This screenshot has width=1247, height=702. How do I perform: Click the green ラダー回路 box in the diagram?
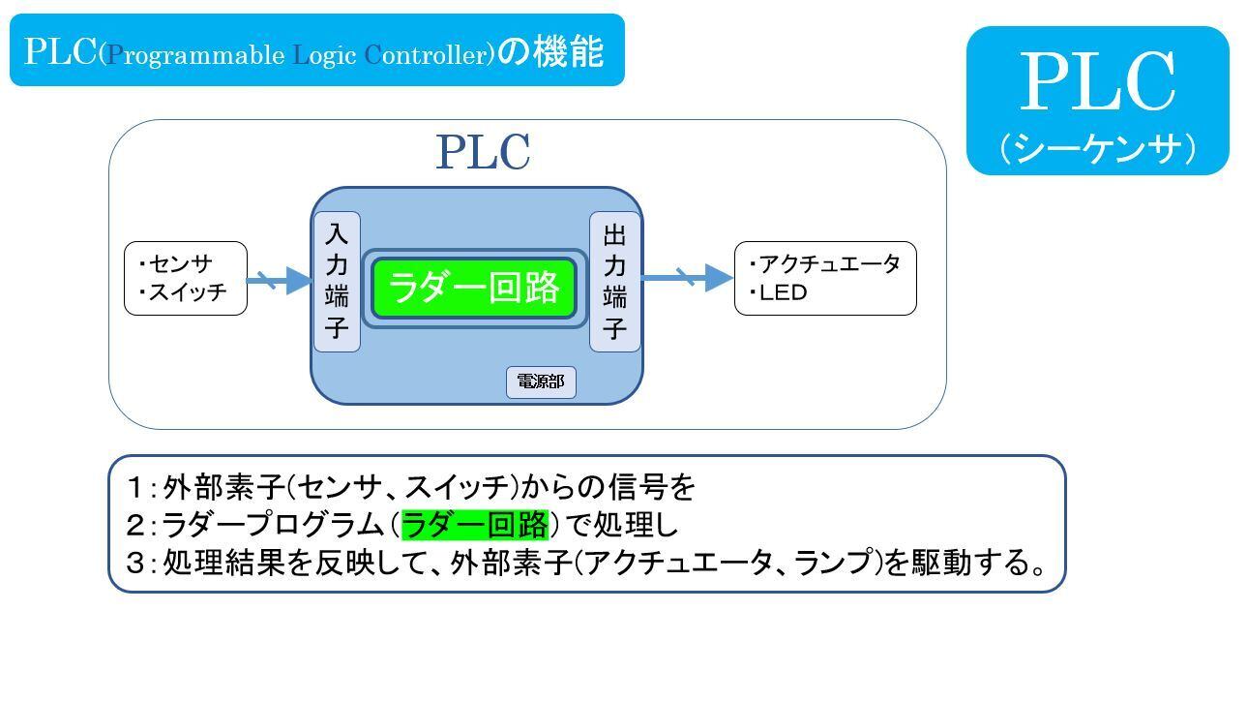(474, 288)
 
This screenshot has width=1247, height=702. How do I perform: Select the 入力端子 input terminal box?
(337, 281)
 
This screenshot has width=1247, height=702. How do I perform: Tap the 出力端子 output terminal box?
(614, 281)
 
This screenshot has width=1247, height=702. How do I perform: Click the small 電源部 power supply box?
(541, 382)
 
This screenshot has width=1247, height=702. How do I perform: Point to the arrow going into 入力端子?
(281, 282)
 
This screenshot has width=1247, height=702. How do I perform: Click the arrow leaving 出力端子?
(687, 278)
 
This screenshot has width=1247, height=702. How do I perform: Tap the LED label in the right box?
(784, 292)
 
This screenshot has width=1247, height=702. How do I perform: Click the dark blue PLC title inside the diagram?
(483, 152)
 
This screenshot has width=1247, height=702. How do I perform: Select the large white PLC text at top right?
(1097, 83)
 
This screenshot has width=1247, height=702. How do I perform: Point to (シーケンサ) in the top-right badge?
(1097, 148)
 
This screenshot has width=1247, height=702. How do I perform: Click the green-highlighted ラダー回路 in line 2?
(474, 524)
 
